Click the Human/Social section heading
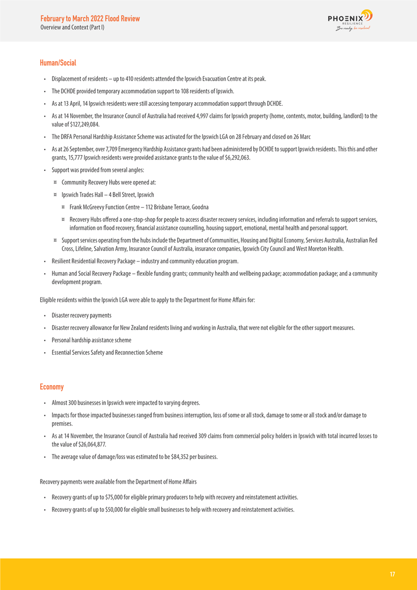pos(58,63)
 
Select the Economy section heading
pos(51,386)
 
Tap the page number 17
pos(392,574)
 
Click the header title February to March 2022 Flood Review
pos(90,19)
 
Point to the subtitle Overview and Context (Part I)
pos(72,27)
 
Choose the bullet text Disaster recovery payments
pos(82,315)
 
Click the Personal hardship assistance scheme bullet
pos(92,340)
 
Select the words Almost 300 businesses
pos(77,403)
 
